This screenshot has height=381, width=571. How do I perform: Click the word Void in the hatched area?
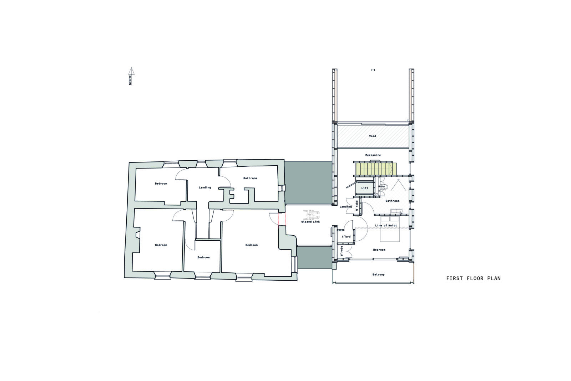click(373, 136)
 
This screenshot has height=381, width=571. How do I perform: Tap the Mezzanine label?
click(373, 155)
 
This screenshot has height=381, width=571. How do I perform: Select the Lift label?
click(365, 188)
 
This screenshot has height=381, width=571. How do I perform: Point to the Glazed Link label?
click(310, 222)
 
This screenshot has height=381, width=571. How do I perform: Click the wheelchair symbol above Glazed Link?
click(311, 214)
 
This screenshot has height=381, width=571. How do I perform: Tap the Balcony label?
click(378, 275)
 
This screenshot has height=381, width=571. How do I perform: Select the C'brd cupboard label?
click(346, 237)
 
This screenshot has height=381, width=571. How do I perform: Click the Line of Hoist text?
click(386, 225)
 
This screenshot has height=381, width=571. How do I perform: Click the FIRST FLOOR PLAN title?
click(473, 279)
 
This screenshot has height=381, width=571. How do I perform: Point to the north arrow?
click(131, 76)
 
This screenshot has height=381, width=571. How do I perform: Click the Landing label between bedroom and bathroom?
click(205, 187)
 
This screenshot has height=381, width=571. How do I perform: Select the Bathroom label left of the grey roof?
click(250, 178)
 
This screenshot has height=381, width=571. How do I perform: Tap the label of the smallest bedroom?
click(203, 257)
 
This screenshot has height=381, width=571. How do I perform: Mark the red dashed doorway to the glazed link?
click(282, 219)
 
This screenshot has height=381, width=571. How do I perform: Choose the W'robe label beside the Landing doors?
click(357, 206)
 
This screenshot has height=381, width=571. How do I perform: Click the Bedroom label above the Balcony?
click(379, 250)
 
